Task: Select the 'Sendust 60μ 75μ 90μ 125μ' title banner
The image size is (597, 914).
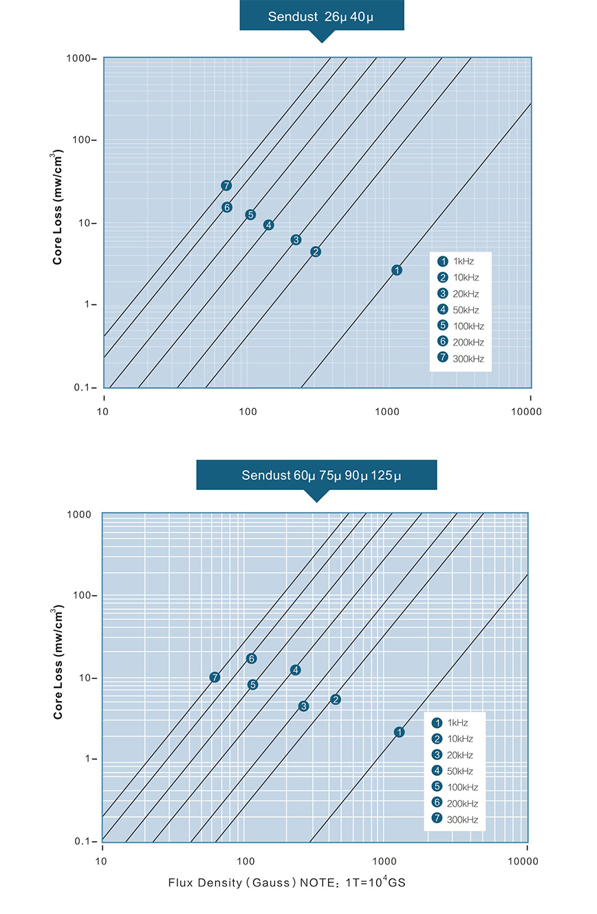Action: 316,475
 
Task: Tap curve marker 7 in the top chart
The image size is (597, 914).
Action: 226,186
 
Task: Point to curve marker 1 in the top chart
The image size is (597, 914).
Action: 397,270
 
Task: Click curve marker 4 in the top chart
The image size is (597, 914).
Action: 269,225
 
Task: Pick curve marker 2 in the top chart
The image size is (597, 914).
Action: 316,252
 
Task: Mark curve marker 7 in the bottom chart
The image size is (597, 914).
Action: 215,678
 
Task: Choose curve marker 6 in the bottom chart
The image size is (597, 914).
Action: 252,658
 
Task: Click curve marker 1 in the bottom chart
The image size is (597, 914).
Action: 400,733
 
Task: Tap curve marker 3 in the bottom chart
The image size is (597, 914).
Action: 304,706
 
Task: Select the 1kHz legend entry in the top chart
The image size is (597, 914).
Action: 456,261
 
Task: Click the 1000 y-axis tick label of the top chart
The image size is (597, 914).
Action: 81,58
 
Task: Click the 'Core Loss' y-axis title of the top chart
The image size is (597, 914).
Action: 61,210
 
